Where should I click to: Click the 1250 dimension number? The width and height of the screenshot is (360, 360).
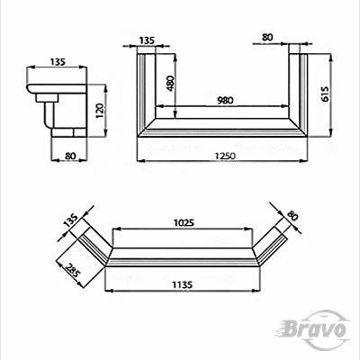(x=225, y=156)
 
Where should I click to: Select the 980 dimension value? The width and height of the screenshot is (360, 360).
(x=225, y=100)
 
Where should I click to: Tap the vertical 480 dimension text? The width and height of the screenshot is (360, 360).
(x=170, y=84)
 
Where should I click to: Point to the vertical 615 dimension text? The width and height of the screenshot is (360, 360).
(x=325, y=94)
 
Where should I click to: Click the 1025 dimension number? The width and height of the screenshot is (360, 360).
(x=184, y=223)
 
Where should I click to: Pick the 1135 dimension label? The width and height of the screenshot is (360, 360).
(x=182, y=284)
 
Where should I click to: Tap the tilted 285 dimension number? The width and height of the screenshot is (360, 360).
(x=73, y=270)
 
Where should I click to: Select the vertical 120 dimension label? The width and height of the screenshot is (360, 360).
(x=100, y=111)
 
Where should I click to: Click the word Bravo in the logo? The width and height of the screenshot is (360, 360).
(x=314, y=329)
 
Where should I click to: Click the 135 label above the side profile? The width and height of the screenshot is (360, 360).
(x=58, y=62)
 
